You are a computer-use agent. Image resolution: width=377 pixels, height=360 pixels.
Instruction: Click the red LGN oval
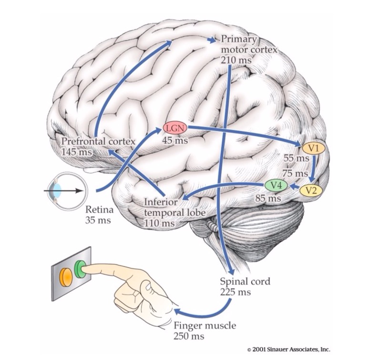(x=175, y=127)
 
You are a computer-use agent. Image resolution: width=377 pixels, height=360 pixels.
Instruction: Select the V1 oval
(x=313, y=148)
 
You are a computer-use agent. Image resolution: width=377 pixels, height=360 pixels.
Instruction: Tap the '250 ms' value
(x=189, y=336)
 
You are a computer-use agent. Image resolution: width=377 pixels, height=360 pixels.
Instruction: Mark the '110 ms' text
(x=159, y=223)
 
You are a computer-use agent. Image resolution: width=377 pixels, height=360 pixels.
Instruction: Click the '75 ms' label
(x=295, y=173)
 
